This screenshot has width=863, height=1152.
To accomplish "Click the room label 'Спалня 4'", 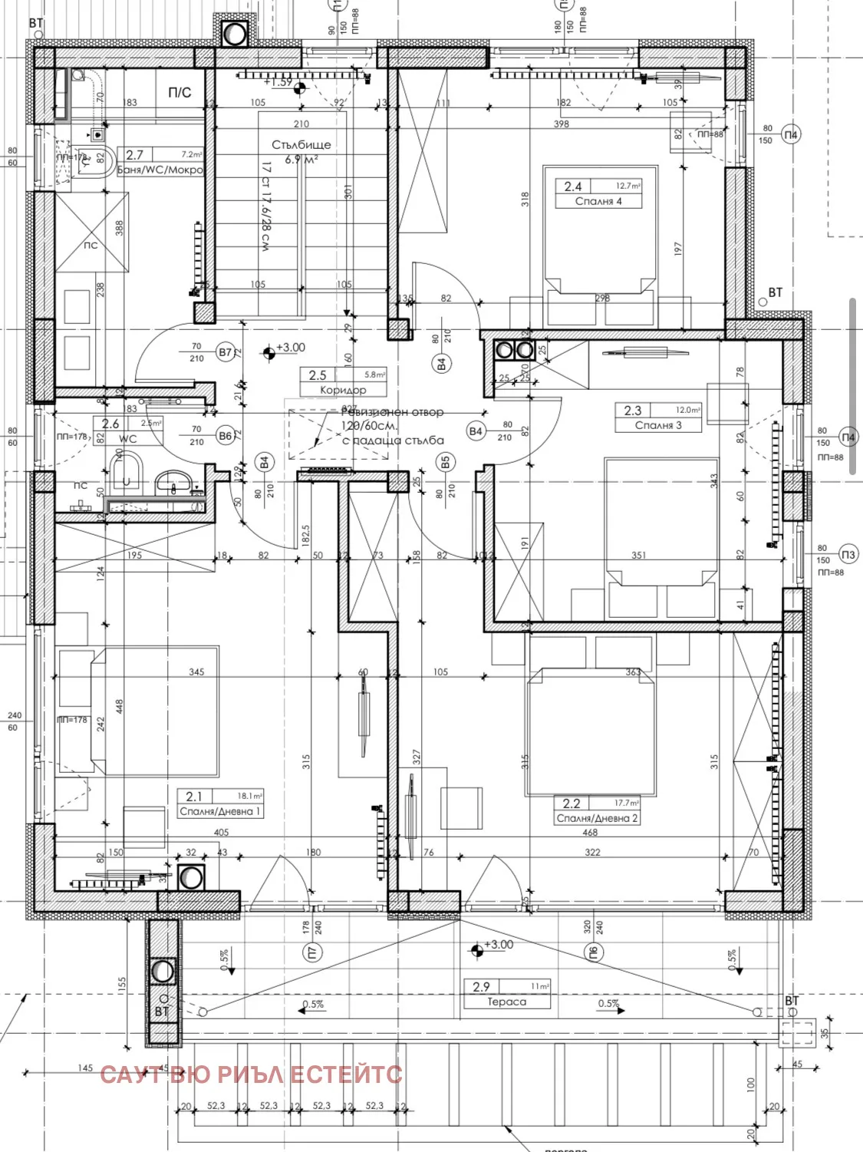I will [x=598, y=201].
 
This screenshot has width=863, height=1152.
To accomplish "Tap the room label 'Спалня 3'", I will [x=657, y=425].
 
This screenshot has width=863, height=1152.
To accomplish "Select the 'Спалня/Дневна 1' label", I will [x=220, y=811].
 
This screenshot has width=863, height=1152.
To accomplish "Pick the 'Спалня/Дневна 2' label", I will [x=597, y=818].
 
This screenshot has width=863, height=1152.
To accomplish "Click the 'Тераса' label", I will [x=506, y=1002].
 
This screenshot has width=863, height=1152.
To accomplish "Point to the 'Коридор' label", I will [x=343, y=390].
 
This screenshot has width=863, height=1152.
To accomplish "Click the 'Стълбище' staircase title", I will [x=301, y=144].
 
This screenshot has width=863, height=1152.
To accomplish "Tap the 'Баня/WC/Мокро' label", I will [x=160, y=170].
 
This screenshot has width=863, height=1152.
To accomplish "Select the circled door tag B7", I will [x=225, y=353].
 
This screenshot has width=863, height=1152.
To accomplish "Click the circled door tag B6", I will [x=225, y=436].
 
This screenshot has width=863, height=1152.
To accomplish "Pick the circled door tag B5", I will [x=446, y=462].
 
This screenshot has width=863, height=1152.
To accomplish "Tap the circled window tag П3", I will [x=848, y=555].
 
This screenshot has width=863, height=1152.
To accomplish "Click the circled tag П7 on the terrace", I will [x=312, y=952].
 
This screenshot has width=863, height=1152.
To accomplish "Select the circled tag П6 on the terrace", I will [x=593, y=952].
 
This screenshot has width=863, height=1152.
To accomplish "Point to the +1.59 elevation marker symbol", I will [x=300, y=88].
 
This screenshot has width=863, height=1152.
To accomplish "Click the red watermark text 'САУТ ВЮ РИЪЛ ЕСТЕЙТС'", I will [x=251, y=1074].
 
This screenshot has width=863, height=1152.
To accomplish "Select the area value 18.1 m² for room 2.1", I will [x=249, y=796].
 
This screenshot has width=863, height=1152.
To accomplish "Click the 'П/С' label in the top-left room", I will [x=180, y=93].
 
